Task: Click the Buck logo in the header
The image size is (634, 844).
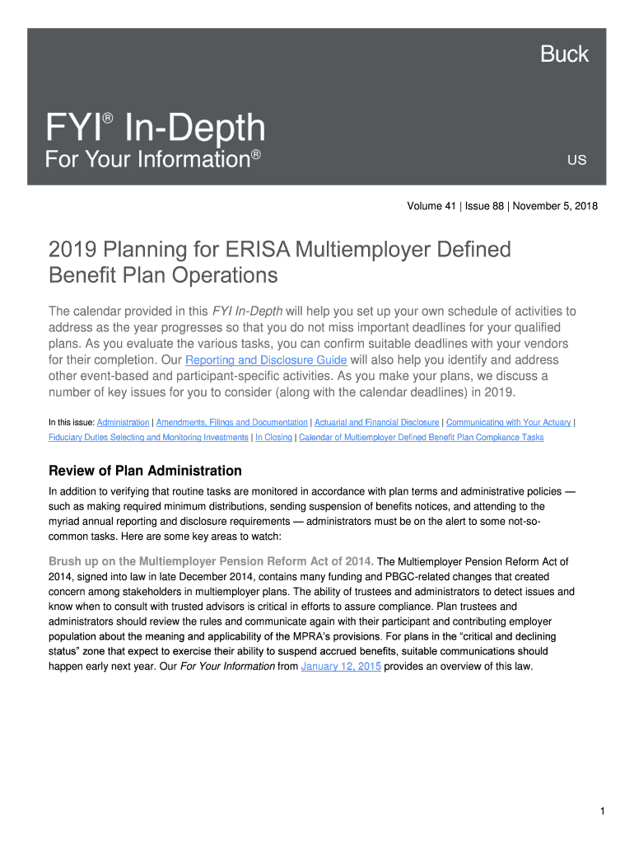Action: tap(564, 54)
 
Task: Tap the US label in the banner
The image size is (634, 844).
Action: tap(576, 160)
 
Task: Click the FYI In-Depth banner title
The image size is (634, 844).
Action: tap(156, 129)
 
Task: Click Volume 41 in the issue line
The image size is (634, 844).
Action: tap(431, 206)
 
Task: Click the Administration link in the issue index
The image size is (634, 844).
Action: tap(124, 422)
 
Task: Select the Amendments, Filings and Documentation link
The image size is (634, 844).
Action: tap(231, 422)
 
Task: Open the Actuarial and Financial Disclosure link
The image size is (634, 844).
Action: tap(376, 422)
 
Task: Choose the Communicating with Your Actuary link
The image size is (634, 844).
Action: tap(508, 422)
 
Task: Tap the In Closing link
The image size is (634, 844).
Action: tap(273, 437)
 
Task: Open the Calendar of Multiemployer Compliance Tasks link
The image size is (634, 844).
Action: tap(421, 437)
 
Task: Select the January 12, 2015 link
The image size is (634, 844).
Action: tap(341, 667)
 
